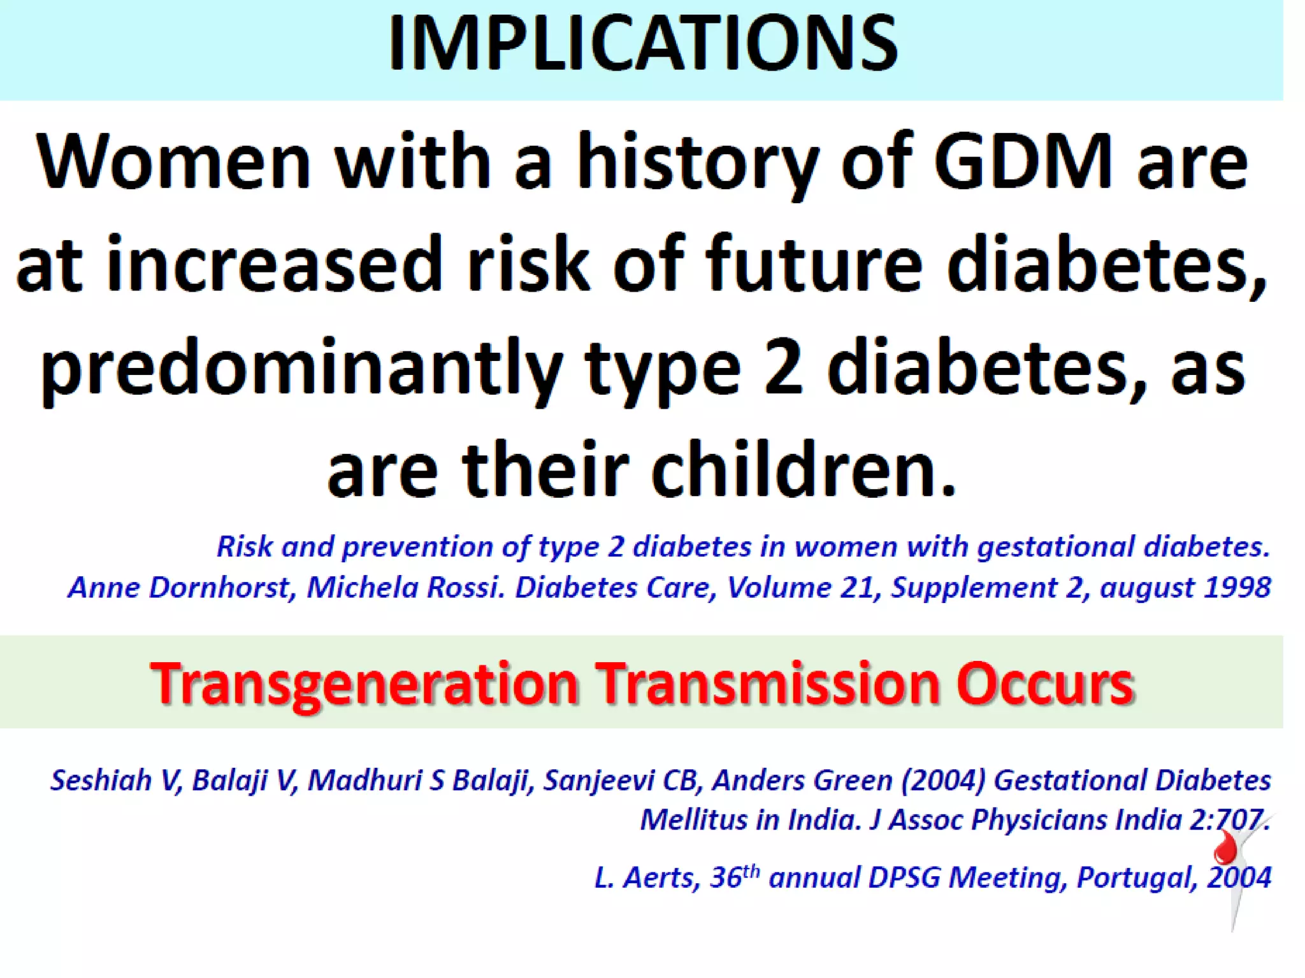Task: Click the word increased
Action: point(274,264)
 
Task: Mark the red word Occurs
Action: point(1045,683)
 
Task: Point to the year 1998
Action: point(1239,587)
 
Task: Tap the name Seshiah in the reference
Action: point(101,781)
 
